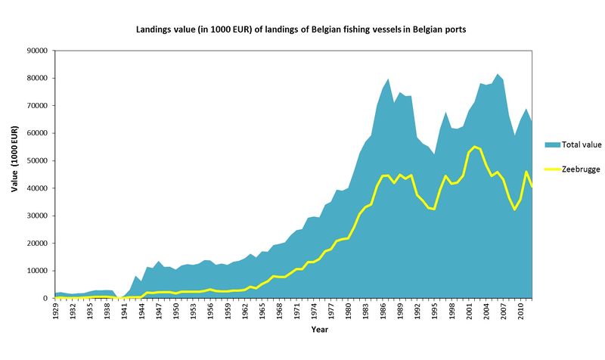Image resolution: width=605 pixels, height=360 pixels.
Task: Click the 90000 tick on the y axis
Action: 37,51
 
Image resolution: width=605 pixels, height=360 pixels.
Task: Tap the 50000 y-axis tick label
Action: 37,161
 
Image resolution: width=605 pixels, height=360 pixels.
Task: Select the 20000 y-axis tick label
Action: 37,244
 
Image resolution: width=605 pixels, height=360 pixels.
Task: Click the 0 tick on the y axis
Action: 45,299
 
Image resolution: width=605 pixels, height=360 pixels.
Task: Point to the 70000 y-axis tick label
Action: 37,106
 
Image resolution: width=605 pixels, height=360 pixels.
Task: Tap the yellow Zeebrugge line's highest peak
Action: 475,147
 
